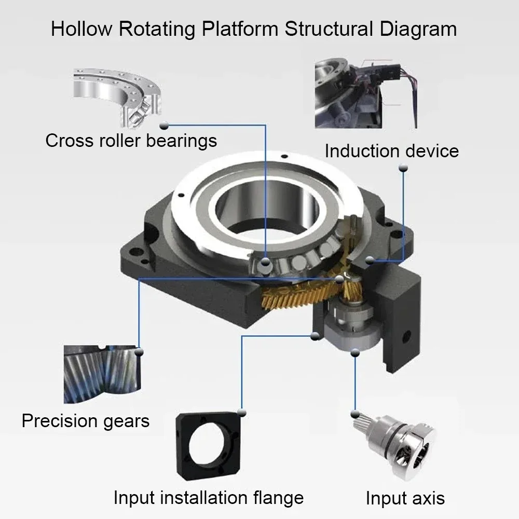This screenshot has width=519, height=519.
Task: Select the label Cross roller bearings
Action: click(131, 140)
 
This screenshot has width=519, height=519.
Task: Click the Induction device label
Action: click(391, 151)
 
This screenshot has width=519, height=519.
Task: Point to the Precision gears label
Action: click(86, 420)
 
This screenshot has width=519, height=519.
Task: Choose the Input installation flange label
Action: click(208, 498)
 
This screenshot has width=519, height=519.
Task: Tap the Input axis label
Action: click(405, 498)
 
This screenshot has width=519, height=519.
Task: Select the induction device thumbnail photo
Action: click(366, 93)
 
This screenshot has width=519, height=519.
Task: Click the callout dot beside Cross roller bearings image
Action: click(165, 125)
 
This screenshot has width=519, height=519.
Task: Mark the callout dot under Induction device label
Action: click(403, 167)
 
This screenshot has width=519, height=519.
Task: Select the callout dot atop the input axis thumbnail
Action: click(355, 413)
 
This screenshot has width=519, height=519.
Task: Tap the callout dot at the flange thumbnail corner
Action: click(241, 412)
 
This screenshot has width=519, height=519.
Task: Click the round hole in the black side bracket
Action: click(405, 336)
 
